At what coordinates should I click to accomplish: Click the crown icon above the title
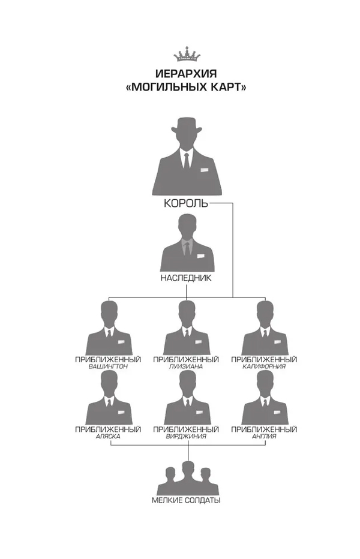(186, 55)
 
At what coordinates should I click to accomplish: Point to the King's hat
(186, 124)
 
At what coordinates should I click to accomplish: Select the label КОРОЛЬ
(186, 203)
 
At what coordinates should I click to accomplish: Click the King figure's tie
(187, 160)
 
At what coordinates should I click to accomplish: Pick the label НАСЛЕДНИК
(186, 278)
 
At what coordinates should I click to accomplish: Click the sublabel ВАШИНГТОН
(108, 366)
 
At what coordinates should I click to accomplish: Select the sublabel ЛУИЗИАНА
(186, 366)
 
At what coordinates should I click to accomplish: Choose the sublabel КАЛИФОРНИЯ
(264, 366)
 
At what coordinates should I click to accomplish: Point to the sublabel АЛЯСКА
(108, 436)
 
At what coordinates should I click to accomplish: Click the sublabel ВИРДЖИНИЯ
(186, 436)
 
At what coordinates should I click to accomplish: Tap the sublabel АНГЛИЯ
(264, 436)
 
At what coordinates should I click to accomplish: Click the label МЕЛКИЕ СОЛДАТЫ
(186, 500)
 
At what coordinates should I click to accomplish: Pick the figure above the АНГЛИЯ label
(264, 398)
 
